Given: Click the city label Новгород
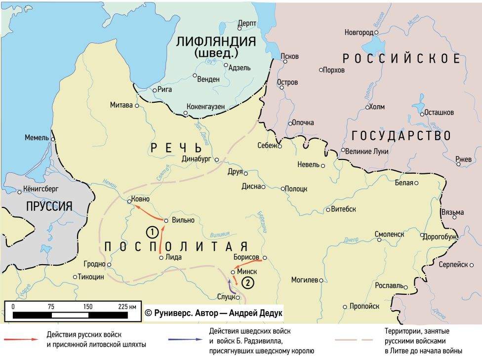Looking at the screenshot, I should pos(358,33).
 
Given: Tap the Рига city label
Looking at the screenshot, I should pos(166,90).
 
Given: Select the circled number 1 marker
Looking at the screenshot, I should pos(153,231).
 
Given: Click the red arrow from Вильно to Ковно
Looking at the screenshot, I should pos(149,214).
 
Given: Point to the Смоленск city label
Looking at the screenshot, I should pos(389,234).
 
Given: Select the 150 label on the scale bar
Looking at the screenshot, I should pos(88,306).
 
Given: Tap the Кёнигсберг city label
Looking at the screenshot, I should pos(38,189).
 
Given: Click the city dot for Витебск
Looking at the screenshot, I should pos(328,209).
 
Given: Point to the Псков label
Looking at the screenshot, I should pos(289,56).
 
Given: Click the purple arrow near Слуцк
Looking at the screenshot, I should pos(230,286).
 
